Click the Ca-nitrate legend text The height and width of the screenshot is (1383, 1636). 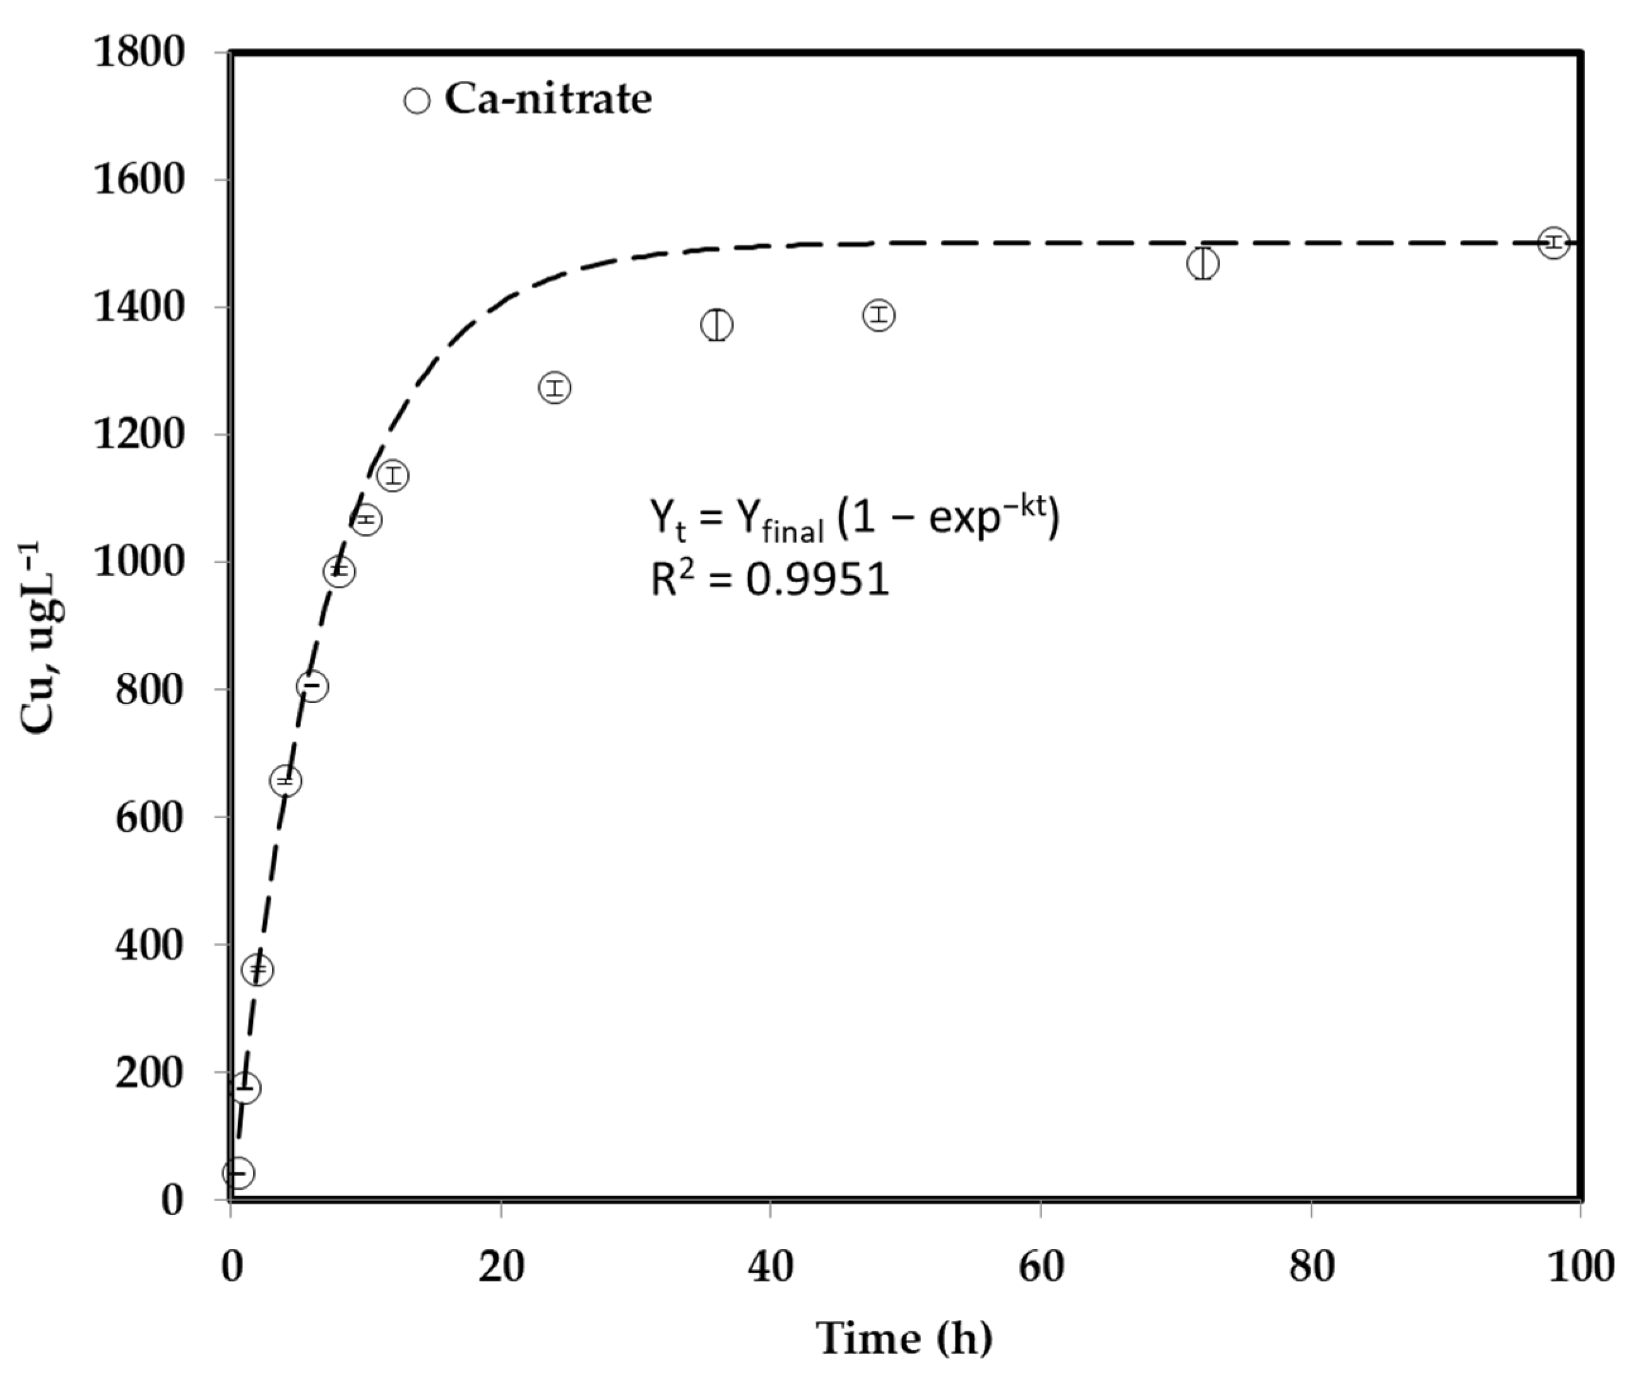(x=548, y=100)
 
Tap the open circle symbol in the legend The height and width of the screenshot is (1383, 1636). (x=417, y=101)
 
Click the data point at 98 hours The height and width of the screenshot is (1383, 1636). (x=1553, y=242)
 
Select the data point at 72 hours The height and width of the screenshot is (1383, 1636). (x=1202, y=263)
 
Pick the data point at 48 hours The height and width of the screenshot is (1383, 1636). (x=879, y=315)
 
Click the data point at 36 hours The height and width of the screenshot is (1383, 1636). (x=716, y=324)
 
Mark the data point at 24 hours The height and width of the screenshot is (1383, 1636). (x=554, y=388)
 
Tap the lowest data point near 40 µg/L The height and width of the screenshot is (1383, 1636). (x=239, y=1173)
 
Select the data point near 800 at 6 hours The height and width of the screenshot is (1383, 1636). (x=312, y=686)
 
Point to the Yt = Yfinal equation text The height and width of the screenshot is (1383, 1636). (x=854, y=519)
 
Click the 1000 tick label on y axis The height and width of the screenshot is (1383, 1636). (x=139, y=562)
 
